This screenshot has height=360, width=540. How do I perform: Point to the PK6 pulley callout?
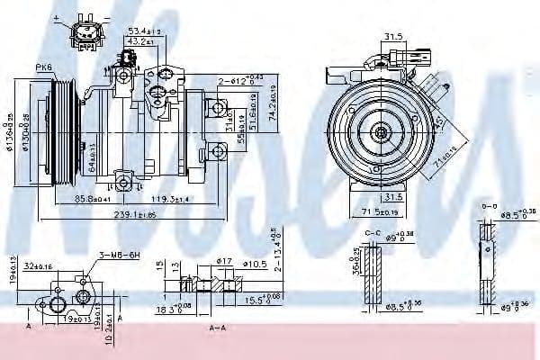point(42,67)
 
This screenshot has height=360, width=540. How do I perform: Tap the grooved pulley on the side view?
point(64,130)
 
